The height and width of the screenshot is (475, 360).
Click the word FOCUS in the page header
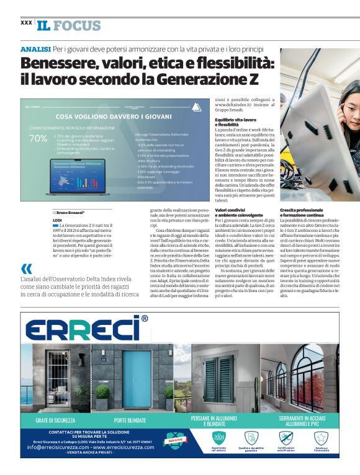pyautogui.click(x=76, y=25)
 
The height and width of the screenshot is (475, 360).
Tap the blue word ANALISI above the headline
pyautogui.click(x=35, y=48)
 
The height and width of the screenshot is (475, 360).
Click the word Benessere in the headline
pyautogui.click(x=60, y=63)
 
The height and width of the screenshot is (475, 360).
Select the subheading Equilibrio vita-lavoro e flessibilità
pyautogui.click(x=235, y=122)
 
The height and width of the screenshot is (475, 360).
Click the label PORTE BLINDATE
pyautogui.click(x=130, y=420)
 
